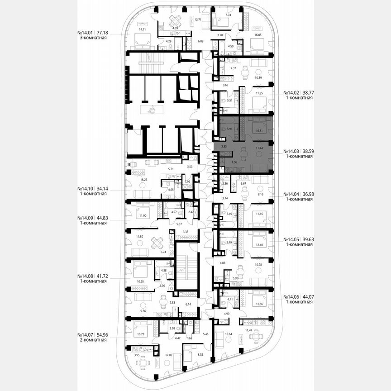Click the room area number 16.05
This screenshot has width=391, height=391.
tap(258, 34)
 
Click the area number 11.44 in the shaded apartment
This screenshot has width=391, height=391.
tap(259, 148)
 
